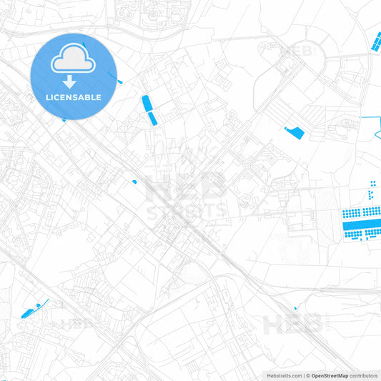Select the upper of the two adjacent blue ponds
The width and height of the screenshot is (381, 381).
[147, 103]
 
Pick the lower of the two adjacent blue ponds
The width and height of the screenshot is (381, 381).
[152, 118]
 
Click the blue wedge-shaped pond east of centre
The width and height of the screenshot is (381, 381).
[294, 132]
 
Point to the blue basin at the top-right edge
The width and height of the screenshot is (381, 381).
[375, 42]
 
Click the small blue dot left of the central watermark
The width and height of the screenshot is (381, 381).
[134, 182]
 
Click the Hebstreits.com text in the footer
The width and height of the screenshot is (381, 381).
[283, 375]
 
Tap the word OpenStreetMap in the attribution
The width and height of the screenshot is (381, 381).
[330, 375]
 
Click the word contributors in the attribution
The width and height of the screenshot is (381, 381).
[364, 375]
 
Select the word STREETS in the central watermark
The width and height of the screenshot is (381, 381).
[187, 212]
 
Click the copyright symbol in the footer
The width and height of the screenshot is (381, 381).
[308, 375]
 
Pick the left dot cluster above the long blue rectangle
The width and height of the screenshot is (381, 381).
[352, 213]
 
